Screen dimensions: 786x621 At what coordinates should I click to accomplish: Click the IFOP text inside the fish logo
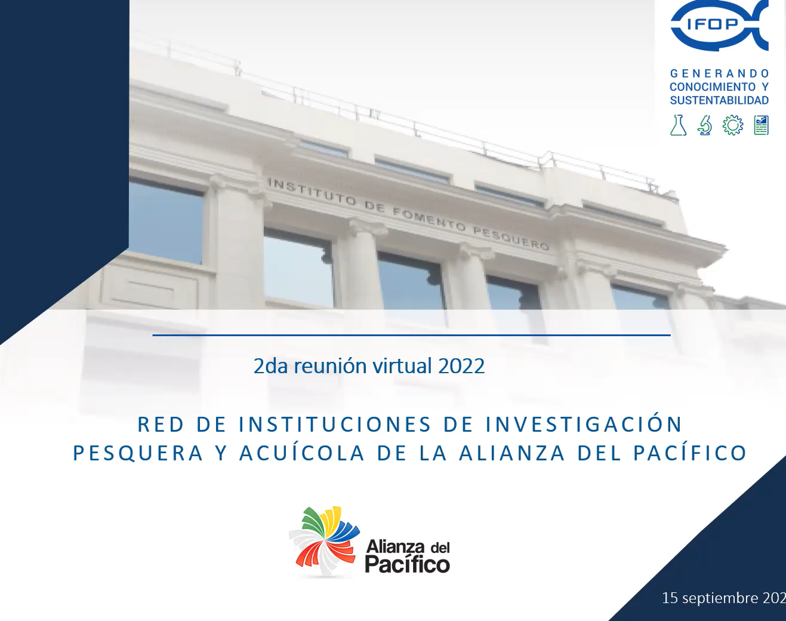718,24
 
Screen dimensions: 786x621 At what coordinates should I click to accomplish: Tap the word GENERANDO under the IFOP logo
719,74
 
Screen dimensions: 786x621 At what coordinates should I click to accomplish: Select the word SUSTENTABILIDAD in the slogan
719,100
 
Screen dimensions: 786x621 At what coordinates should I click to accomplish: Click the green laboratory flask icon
678,125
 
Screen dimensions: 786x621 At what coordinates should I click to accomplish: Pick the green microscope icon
705,125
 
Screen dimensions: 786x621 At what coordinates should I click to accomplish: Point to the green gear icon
733,125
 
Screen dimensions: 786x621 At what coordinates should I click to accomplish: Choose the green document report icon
761,125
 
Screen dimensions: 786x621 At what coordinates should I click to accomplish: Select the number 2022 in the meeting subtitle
461,366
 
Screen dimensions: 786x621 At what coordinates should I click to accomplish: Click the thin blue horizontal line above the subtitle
412,335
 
